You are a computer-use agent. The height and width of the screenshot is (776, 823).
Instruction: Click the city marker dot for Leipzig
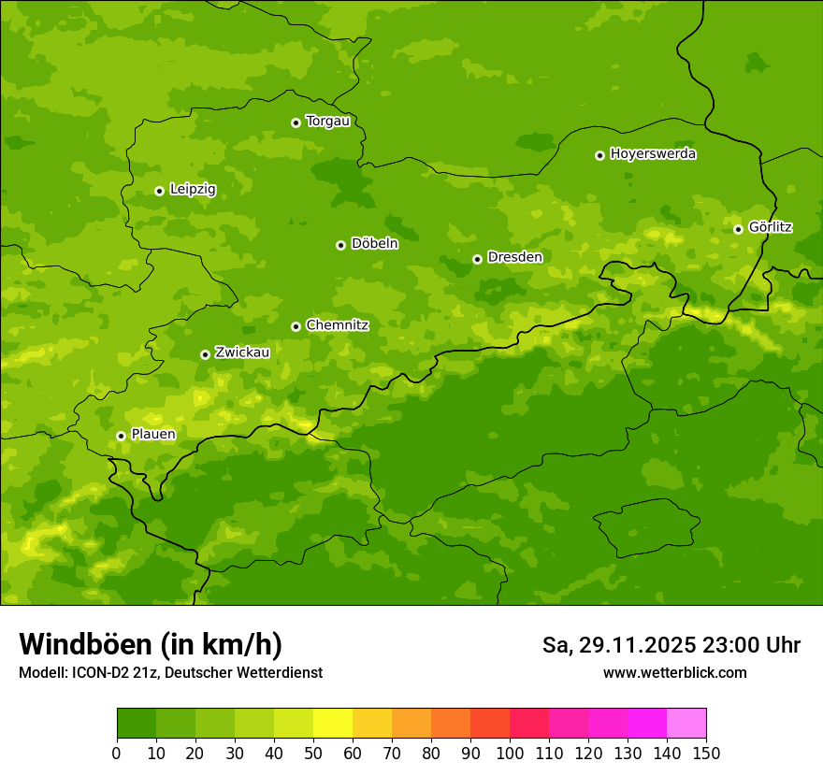(159, 191)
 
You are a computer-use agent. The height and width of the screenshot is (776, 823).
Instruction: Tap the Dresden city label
(514, 257)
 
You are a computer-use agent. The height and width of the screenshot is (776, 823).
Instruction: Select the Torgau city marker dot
(296, 122)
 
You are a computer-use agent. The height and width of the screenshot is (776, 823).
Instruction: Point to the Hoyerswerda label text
(653, 154)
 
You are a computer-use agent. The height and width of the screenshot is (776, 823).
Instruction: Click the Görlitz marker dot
(738, 229)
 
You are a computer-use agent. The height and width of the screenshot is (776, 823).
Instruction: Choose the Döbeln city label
(374, 244)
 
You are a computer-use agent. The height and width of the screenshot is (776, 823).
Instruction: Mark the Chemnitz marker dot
(296, 326)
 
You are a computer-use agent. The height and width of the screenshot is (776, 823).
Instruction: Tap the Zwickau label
(242, 352)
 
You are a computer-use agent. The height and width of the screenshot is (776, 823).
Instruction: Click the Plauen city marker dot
(121, 436)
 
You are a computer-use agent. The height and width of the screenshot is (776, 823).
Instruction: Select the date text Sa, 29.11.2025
(619, 645)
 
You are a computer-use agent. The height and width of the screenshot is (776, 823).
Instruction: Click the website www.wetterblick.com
(674, 672)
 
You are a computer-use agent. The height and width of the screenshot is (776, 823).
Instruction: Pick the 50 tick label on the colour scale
(313, 754)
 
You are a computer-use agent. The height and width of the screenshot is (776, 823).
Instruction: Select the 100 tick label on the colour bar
(510, 754)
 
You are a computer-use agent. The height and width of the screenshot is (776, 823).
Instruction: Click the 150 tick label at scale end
(706, 754)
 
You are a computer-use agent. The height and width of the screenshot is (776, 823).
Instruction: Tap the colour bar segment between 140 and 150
(686, 724)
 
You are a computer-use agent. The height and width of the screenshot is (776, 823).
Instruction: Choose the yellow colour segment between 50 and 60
(333, 724)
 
